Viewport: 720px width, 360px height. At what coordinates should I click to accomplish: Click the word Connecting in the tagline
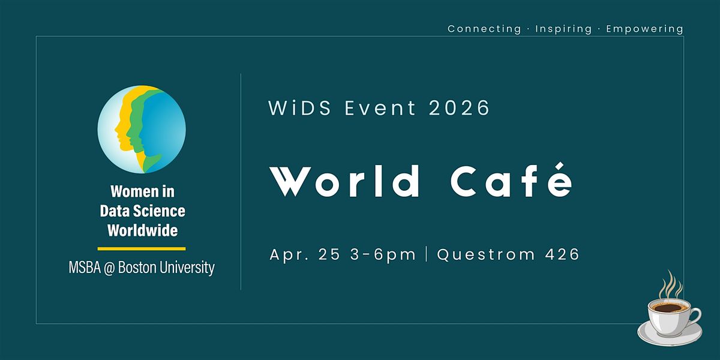point(484,29)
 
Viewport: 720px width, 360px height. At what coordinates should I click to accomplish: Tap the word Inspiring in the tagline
point(563,29)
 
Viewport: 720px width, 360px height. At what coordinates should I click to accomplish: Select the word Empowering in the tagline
point(645,29)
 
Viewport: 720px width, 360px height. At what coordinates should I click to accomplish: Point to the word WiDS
point(299,107)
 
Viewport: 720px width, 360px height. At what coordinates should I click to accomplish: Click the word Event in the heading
point(380,107)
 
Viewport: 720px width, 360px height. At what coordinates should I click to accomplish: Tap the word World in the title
point(344,181)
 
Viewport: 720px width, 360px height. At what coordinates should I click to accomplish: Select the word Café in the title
point(512,180)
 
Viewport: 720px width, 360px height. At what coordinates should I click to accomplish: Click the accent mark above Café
point(560,166)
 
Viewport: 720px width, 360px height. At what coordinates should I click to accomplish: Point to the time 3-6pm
point(383,255)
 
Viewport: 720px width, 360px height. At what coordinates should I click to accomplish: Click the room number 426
point(562,254)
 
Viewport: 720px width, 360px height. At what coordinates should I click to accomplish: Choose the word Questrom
point(486,254)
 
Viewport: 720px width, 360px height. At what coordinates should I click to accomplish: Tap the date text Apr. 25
point(305,254)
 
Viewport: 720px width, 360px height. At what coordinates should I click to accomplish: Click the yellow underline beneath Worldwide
point(142,248)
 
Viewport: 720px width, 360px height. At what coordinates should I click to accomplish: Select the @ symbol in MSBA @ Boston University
point(109,268)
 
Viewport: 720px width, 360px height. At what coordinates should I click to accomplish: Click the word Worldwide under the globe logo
point(142,230)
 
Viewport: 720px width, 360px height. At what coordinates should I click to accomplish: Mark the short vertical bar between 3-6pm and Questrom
point(427,254)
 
